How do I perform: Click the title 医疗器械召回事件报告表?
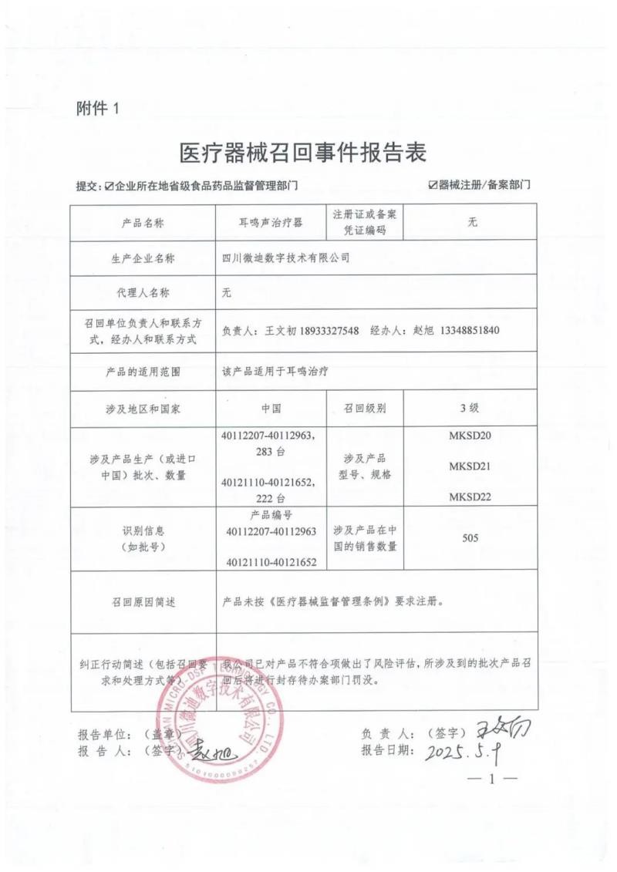pos(302,152)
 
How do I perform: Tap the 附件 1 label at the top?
pos(98,108)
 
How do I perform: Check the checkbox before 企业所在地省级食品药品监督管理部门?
pos(110,186)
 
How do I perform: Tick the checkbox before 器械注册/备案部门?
pos(433,185)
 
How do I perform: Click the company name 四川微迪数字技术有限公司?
pos(285,258)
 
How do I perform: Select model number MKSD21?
pos(470,466)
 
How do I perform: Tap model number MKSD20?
pos(470,436)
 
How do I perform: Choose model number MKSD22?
pos(470,497)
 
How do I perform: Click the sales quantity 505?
pos(470,537)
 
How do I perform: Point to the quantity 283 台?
pos(271,451)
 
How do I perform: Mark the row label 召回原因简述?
pos(143,602)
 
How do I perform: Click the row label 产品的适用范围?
pos(143,371)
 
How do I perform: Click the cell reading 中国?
pos(271,408)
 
